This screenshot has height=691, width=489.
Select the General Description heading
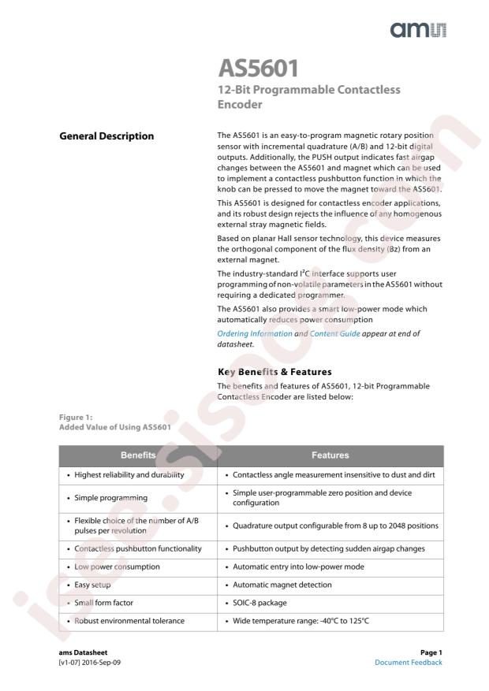[x=106, y=136]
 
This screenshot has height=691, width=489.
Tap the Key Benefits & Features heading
[x=274, y=371]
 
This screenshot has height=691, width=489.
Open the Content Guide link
[x=335, y=334]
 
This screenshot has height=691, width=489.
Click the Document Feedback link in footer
[x=409, y=663]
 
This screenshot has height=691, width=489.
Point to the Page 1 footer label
[x=429, y=652]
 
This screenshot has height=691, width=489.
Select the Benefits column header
[x=138, y=455]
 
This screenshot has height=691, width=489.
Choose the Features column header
[x=330, y=455]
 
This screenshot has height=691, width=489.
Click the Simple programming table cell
[x=111, y=498]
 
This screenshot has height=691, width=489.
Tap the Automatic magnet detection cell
[x=282, y=585]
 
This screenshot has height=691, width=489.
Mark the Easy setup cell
[x=92, y=585]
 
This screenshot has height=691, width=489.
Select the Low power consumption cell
[x=117, y=567]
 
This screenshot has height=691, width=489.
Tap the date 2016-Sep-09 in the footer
[x=100, y=663]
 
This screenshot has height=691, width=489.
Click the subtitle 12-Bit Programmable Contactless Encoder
[x=308, y=96]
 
